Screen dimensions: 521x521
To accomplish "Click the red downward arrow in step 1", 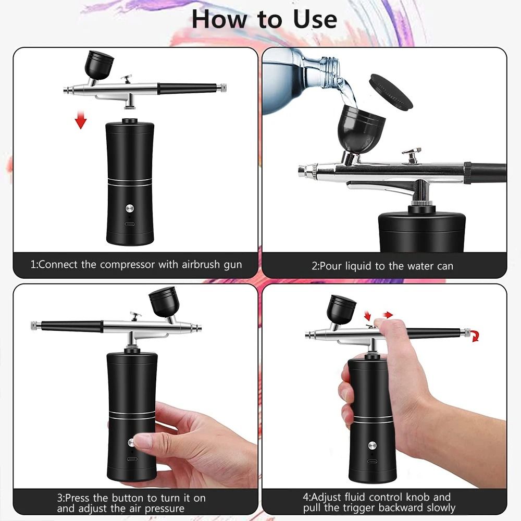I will tap(80, 121).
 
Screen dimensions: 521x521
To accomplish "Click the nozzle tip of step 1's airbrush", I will tap(66, 91).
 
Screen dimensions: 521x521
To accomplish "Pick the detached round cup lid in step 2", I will tap(390, 91).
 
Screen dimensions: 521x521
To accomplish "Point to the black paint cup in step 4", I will tap(341, 309).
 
